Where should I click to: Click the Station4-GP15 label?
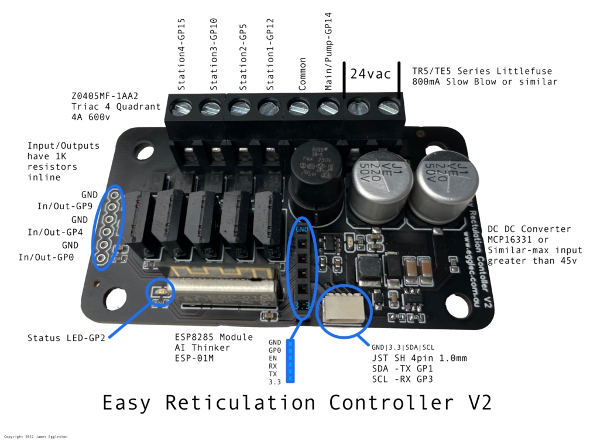click(181, 54)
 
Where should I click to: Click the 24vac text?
click(371, 74)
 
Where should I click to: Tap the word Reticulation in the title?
click(240, 404)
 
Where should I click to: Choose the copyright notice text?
click(37, 437)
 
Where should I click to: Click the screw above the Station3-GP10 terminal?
click(210, 108)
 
